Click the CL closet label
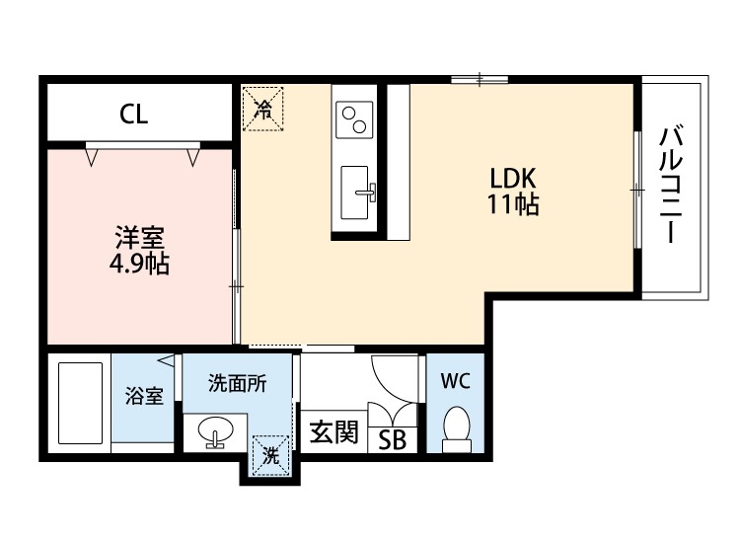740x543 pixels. point(134,115)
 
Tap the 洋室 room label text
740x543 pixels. point(139,239)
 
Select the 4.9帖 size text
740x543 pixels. point(139,265)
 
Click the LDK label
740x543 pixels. point(512,180)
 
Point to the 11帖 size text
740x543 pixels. point(512,205)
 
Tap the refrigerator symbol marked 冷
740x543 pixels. point(262,108)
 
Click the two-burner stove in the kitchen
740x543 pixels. point(352,119)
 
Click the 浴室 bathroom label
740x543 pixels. point(144,397)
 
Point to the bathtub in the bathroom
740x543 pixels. point(80,403)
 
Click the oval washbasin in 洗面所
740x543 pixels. point(213,431)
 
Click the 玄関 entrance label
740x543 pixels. point(333,433)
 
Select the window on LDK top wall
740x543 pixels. point(481,79)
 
